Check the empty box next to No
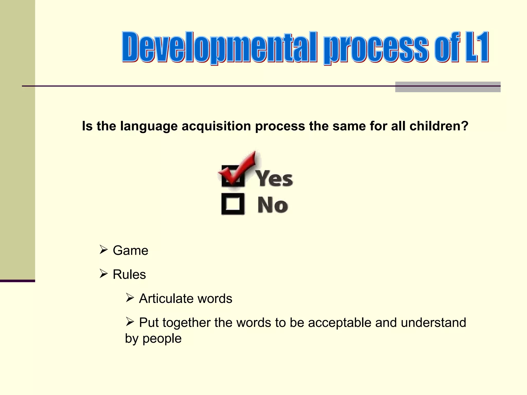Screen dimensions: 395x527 coord(233,204)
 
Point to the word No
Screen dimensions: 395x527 coord(273,205)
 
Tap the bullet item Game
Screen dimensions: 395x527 coord(130,250)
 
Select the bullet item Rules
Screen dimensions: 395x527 coord(129,274)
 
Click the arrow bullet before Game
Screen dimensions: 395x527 coord(103,249)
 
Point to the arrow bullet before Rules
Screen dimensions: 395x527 coord(103,273)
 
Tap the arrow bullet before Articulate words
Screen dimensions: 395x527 coord(130,298)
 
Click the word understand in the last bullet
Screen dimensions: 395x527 coord(433,322)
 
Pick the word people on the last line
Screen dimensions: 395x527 coord(162,339)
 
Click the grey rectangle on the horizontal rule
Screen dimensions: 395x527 coord(447,87)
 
